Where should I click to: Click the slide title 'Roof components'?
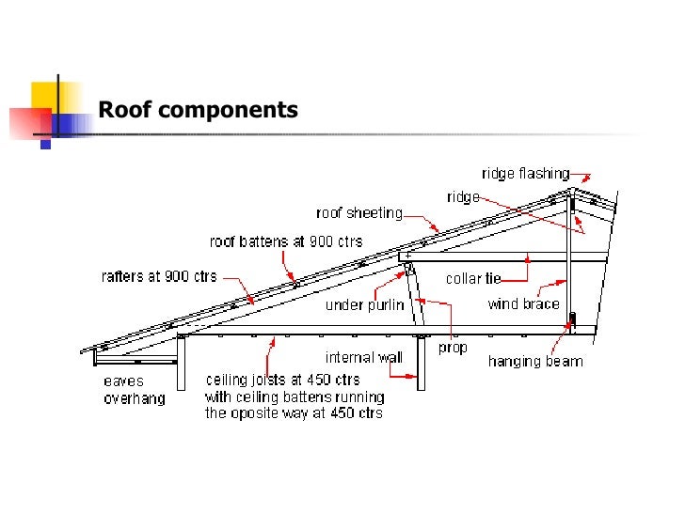coord(198,111)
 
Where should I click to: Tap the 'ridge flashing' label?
coord(524,174)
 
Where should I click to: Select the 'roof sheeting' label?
coord(359,213)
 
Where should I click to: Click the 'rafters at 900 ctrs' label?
coord(158,276)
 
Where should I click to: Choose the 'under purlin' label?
coord(364,305)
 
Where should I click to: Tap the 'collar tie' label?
coord(472,278)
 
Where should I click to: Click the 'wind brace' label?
coord(523,303)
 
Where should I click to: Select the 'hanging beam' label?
coord(534,361)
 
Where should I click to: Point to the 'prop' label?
coord(453,348)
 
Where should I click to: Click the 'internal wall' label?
coord(363,357)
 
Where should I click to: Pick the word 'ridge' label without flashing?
coord(463,197)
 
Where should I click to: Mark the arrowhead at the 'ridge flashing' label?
coord(584,176)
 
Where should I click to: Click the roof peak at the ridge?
coord(570,191)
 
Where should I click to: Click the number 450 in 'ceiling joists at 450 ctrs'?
coord(320,381)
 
